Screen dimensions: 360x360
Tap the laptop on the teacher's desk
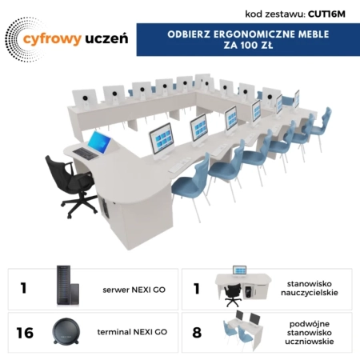click(x=98, y=142)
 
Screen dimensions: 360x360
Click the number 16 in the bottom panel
click(x=25, y=331)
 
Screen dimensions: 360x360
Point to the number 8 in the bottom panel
click(x=198, y=331)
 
